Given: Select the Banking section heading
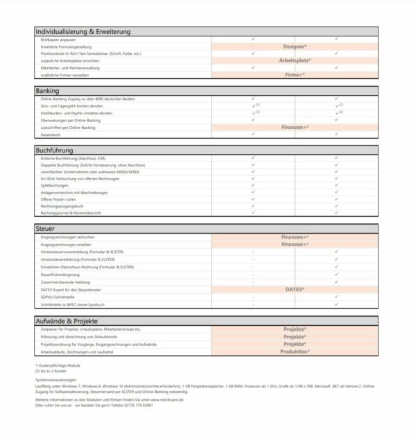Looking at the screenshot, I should [x=47, y=90].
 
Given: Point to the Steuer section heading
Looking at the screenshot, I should [x=45, y=227].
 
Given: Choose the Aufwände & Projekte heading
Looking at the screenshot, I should [x=67, y=321].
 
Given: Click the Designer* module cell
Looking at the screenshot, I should [x=295, y=46].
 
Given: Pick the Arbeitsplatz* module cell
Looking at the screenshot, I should [x=295, y=60].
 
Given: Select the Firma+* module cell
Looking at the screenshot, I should [x=295, y=74].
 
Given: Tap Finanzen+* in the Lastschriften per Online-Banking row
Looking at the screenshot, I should [x=295, y=127].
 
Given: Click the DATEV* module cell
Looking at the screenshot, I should [x=295, y=289].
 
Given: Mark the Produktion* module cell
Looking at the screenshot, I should [x=295, y=351].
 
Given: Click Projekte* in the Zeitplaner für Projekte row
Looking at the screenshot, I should [x=295, y=329].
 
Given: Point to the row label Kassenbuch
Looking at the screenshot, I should [x=52, y=134].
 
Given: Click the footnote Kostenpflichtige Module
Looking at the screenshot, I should [x=60, y=365].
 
